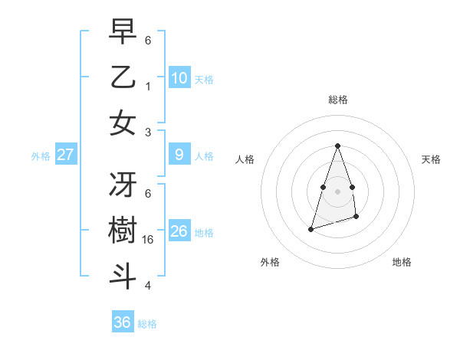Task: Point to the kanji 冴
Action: tap(123, 185)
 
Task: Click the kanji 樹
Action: tap(123, 231)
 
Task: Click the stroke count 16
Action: tap(149, 240)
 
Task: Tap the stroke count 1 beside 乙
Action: tap(148, 86)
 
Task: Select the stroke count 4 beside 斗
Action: tap(148, 286)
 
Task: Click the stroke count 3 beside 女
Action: tap(148, 132)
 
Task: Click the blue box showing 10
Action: tap(179, 77)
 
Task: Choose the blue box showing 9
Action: tap(179, 155)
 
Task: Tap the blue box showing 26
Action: tap(179, 231)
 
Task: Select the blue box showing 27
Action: tap(66, 155)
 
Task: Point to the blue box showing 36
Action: tap(123, 322)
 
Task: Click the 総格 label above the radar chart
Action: tap(338, 100)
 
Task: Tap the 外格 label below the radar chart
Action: tap(270, 263)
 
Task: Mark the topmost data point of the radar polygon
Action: tap(337, 146)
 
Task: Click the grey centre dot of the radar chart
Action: tap(337, 191)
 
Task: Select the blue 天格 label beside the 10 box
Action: tap(204, 79)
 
